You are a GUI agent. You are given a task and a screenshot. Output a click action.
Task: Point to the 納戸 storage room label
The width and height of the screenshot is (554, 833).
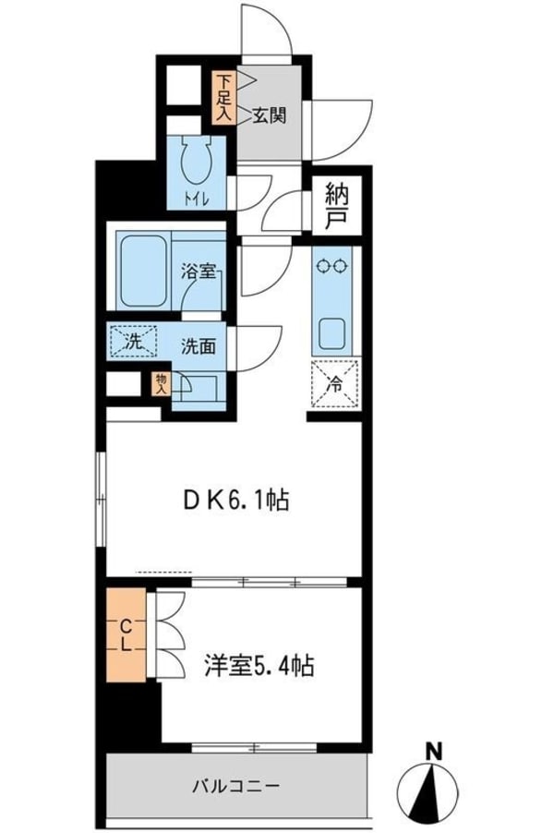337,207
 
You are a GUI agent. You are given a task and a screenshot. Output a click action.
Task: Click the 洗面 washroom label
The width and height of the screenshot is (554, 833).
198,347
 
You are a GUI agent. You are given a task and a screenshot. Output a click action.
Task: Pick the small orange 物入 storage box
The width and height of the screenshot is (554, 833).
162,382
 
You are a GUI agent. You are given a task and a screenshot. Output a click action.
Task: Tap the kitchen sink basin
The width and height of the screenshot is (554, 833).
331,331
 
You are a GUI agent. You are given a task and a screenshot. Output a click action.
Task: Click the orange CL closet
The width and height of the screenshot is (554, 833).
126,634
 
